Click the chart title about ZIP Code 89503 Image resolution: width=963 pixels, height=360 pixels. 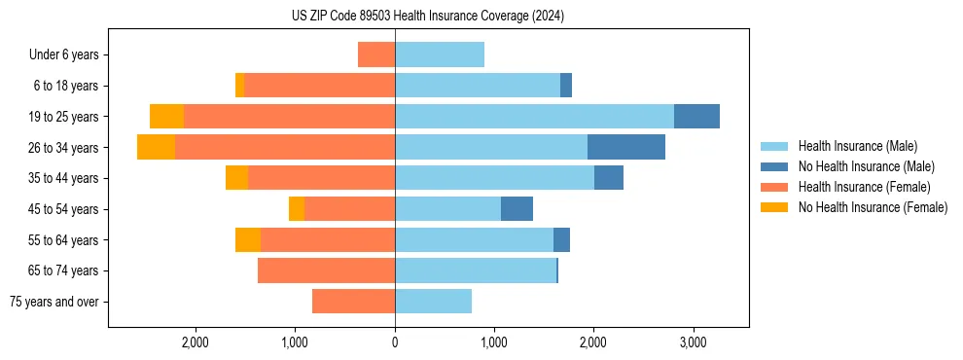coord(428,17)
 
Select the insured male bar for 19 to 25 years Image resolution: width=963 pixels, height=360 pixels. coord(534,117)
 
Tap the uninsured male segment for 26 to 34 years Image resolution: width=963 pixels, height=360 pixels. coord(626,147)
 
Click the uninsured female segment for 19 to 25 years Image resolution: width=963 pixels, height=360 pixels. coord(166,117)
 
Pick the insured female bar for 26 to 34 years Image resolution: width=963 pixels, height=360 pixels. coord(285,147)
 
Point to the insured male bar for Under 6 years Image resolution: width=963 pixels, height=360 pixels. coord(440,54)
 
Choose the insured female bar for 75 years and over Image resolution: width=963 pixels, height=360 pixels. coord(353,302)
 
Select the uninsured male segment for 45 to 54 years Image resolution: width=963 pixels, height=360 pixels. coord(517,209)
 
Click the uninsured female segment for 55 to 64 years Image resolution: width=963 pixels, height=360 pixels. coord(248,240)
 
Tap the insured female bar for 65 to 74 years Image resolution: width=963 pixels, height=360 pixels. coord(326,270)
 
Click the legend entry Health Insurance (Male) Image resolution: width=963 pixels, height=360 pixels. coord(857,146)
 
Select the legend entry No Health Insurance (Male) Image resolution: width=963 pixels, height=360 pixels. coord(866,166)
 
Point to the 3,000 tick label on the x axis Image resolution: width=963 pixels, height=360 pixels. coord(693,342)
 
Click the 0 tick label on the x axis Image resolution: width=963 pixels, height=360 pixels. coord(395,342)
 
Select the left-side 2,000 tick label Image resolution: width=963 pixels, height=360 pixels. coord(196,342)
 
